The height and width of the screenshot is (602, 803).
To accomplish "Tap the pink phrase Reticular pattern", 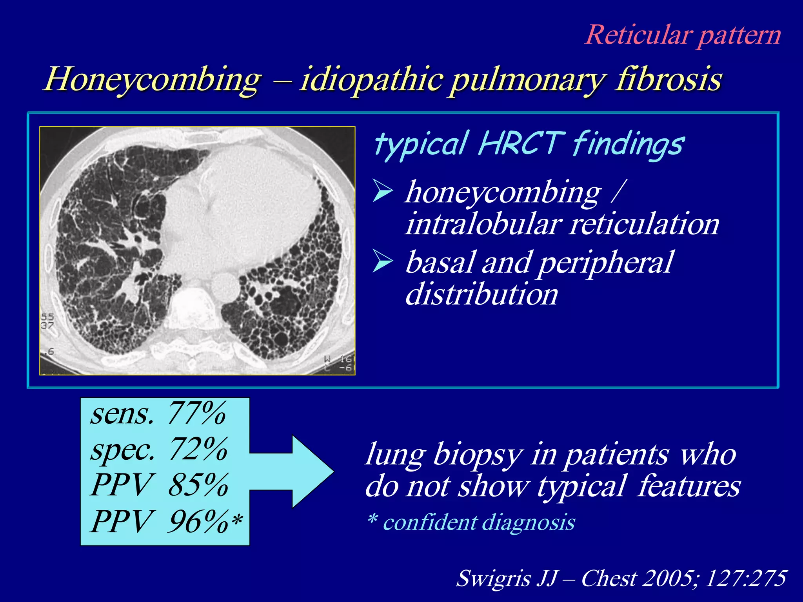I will [x=683, y=35].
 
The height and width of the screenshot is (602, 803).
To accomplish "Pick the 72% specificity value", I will [x=198, y=449].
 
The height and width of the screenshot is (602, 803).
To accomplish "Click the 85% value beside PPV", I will [x=198, y=485].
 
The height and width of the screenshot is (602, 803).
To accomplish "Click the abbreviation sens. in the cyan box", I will [x=122, y=414].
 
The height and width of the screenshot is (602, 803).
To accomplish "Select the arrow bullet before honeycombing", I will [x=382, y=191].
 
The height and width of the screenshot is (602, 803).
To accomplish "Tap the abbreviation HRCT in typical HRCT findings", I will [x=521, y=143].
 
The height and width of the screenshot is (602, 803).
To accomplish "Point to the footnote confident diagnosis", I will [x=478, y=522].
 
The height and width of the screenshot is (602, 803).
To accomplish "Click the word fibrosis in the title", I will [x=669, y=79].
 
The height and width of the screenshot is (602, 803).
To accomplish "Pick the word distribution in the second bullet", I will [x=481, y=294].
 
